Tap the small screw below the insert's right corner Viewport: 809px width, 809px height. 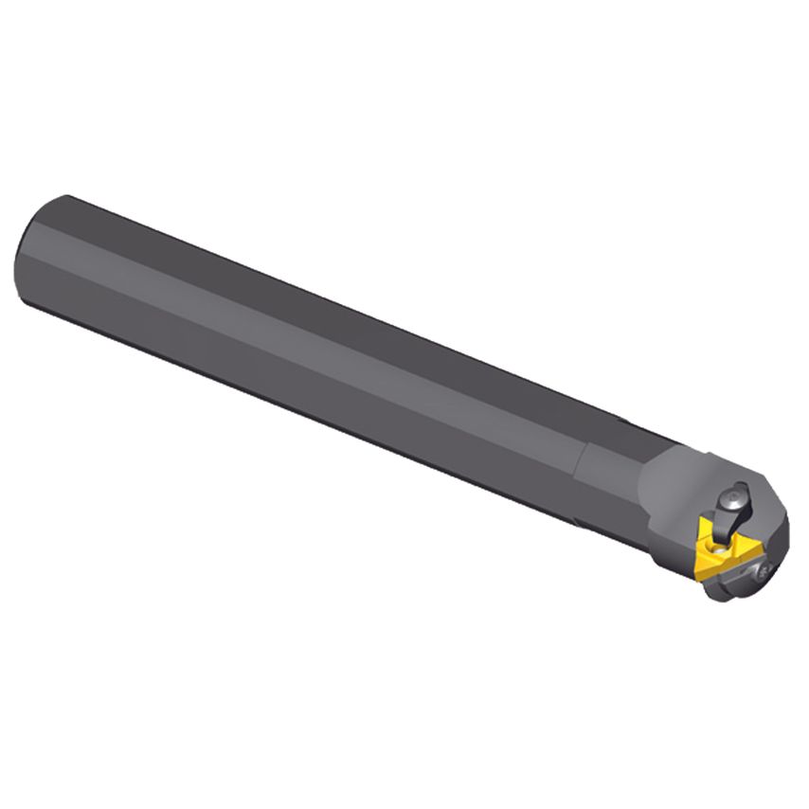point(765,569)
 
